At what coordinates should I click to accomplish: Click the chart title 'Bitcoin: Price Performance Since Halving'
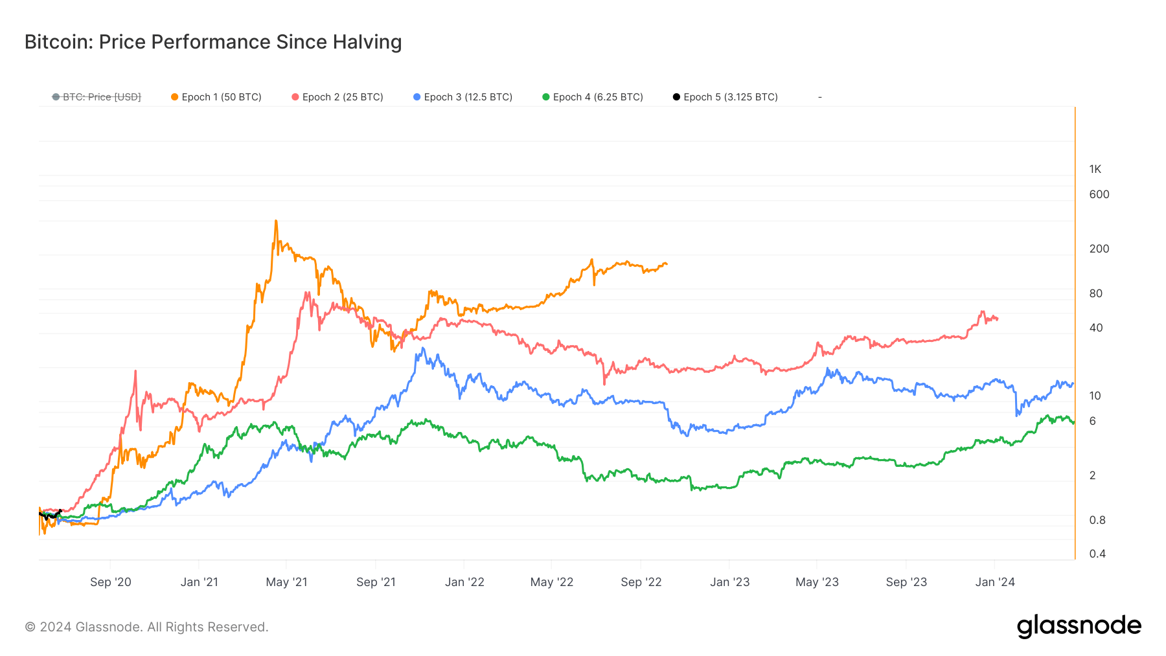(x=213, y=42)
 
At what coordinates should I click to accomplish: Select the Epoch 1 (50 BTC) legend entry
(x=216, y=97)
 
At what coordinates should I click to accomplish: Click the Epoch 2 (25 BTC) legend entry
(x=337, y=97)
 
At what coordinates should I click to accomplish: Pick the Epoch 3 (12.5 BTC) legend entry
(x=463, y=97)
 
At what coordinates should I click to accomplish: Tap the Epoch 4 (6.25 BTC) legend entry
(x=593, y=97)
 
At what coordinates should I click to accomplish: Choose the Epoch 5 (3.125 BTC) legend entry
(x=726, y=97)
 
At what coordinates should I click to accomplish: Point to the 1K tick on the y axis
(x=1095, y=170)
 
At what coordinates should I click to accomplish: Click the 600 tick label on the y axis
(x=1099, y=194)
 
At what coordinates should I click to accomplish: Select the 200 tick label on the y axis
(x=1099, y=249)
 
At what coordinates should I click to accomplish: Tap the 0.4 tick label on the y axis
(x=1097, y=554)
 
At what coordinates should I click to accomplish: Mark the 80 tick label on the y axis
(x=1095, y=293)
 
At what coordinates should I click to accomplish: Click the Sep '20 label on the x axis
(x=110, y=582)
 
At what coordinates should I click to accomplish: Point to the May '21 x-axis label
(x=286, y=582)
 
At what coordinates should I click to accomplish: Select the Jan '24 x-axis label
(x=995, y=582)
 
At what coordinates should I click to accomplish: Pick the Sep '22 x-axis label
(x=641, y=582)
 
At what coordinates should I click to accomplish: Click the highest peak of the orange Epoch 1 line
(x=276, y=221)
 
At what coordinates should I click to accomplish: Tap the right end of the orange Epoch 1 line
(x=667, y=264)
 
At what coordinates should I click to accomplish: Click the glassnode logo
(x=1079, y=626)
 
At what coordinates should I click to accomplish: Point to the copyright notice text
(x=146, y=627)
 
